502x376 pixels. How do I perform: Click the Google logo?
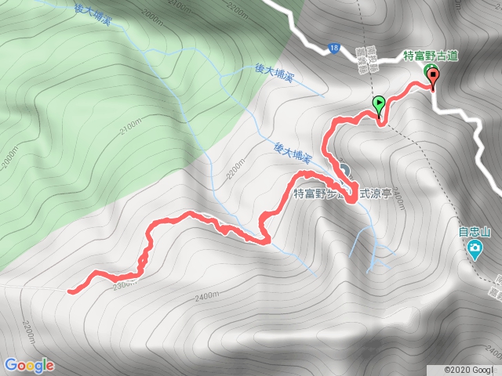[x=29, y=365]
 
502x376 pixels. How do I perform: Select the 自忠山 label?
[x=475, y=232]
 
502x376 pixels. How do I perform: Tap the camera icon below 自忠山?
[x=475, y=250]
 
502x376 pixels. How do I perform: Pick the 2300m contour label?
[x=125, y=282]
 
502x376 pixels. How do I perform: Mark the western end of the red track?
[x=71, y=291]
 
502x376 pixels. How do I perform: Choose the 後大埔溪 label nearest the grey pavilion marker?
[x=294, y=154]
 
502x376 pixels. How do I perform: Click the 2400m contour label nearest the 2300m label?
[x=206, y=296]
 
